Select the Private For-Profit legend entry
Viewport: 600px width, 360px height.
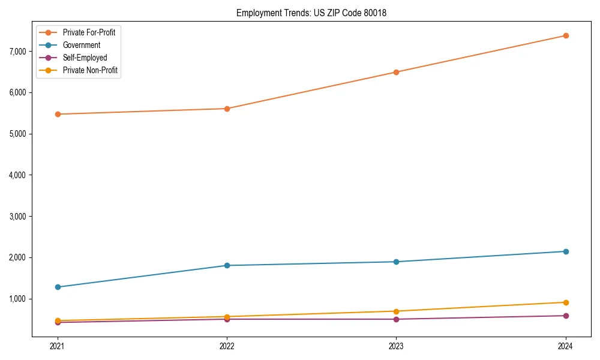[89, 32]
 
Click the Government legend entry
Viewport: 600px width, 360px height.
[82, 45]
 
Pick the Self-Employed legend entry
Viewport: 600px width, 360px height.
[85, 58]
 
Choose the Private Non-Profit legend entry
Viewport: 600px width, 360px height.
[90, 71]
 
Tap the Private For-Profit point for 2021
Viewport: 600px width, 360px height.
[58, 114]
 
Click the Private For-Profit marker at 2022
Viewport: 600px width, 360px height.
[227, 109]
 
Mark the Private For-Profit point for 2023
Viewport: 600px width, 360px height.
[397, 72]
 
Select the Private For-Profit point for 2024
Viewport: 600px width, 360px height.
[566, 35]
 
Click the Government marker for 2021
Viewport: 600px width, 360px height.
[58, 287]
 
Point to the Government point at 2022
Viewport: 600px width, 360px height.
[227, 265]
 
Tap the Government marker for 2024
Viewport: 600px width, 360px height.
[566, 251]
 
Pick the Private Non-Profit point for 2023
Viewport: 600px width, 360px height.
[397, 311]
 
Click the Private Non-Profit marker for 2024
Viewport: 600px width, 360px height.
[566, 302]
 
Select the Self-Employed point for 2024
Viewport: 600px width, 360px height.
[566, 316]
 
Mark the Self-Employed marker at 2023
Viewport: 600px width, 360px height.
[397, 319]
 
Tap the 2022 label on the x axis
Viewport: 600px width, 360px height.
[227, 346]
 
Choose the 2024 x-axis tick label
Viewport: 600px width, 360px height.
[566, 346]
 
